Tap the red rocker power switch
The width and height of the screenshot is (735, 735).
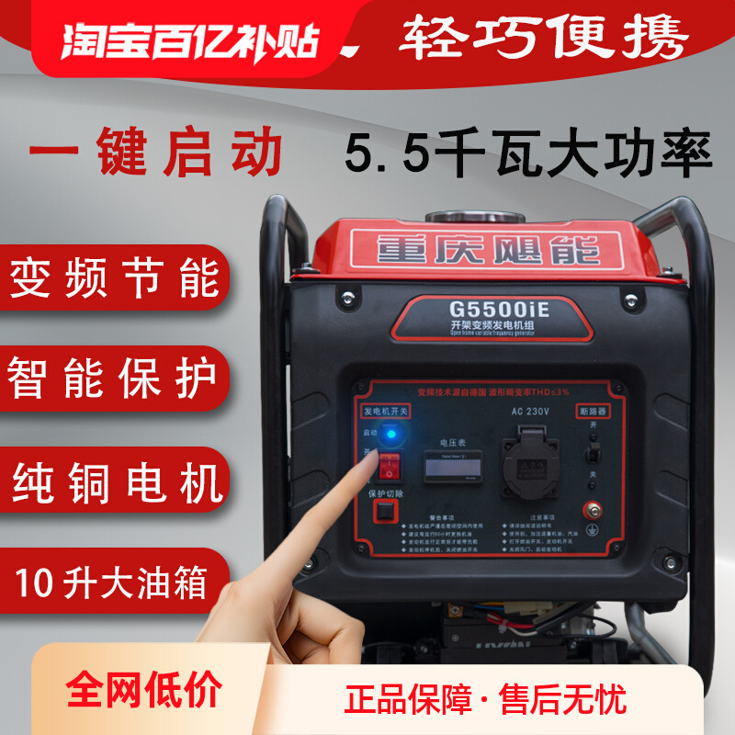[393, 466]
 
